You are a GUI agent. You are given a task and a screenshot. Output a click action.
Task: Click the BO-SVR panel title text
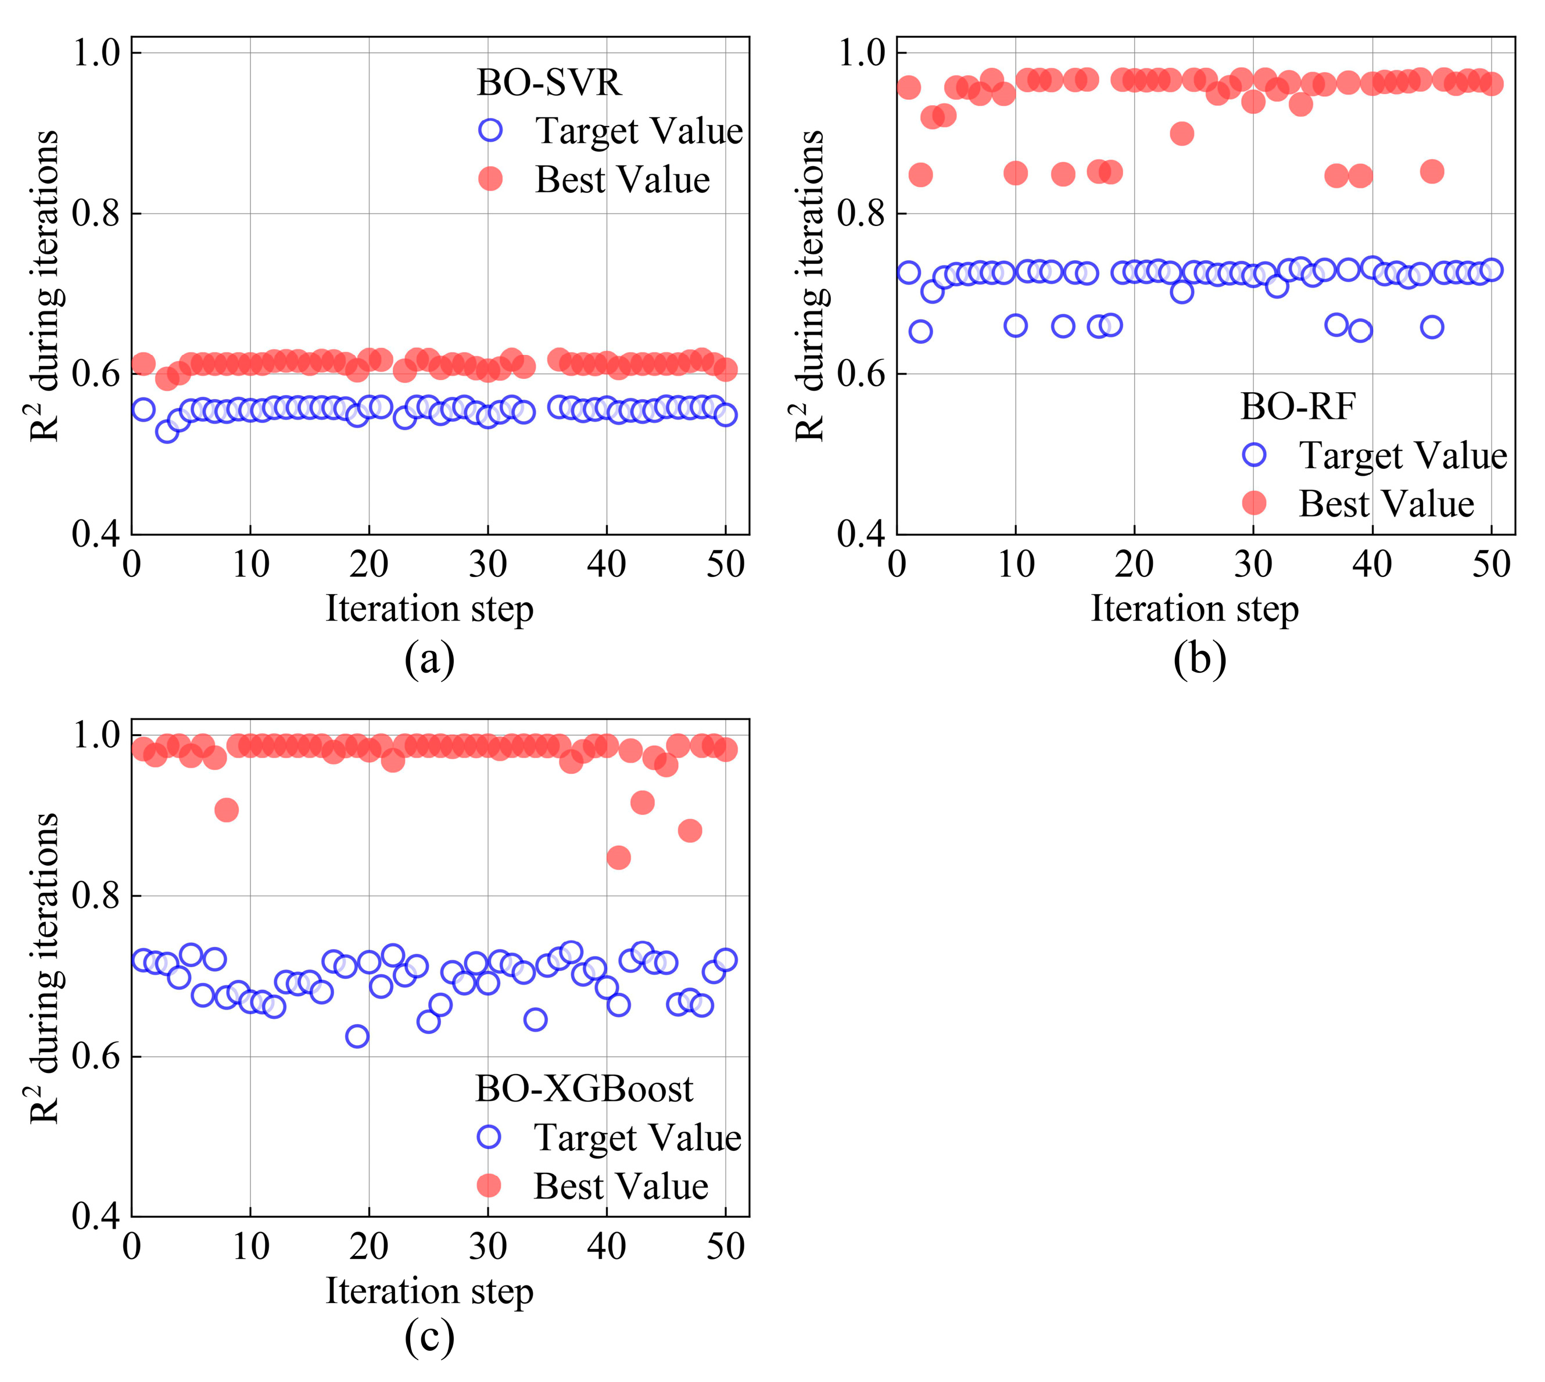click(549, 82)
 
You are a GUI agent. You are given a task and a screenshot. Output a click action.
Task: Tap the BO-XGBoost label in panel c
click(583, 1089)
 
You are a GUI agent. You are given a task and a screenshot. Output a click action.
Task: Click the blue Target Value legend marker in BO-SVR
click(491, 130)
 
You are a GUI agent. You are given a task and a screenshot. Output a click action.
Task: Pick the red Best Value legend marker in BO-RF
click(1254, 502)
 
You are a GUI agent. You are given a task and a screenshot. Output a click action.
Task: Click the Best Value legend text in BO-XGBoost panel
click(621, 1186)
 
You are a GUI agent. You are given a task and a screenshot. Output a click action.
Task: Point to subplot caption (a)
click(429, 659)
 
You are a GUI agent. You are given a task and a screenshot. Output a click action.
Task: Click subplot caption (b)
click(1199, 659)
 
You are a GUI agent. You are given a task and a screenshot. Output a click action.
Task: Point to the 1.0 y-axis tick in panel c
click(96, 735)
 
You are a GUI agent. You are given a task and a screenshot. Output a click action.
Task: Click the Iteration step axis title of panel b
click(1195, 608)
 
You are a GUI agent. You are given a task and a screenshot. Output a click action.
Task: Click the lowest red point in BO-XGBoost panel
click(618, 858)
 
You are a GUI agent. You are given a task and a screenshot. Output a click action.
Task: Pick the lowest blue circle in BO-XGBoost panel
click(357, 1036)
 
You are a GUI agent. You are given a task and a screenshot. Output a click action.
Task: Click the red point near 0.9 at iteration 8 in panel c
click(227, 810)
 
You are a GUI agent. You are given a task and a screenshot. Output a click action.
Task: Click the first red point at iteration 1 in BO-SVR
click(144, 364)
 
